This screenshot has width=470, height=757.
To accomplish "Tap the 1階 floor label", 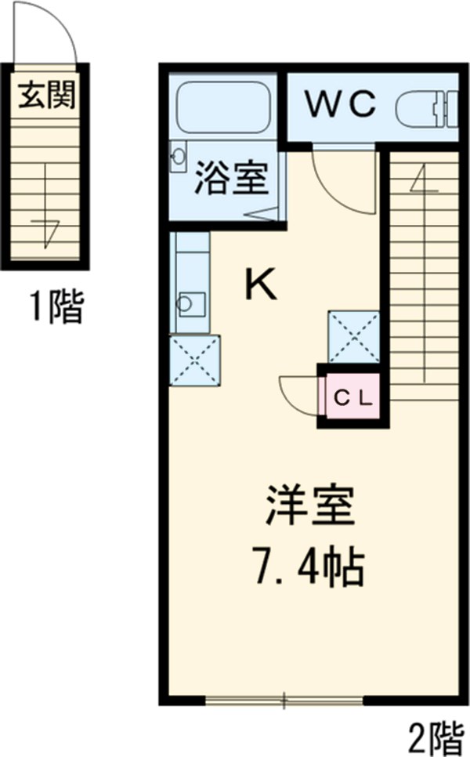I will tap(55, 306).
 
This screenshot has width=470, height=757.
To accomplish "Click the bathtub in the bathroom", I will tap(223, 107).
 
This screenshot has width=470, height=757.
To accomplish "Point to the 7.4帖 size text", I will tap(312, 567).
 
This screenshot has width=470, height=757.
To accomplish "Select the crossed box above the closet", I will tap(353, 337).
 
